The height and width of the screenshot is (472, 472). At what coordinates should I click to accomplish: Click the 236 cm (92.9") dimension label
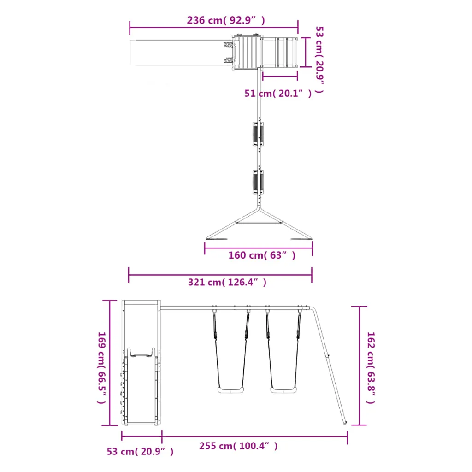pyautogui.click(x=226, y=20)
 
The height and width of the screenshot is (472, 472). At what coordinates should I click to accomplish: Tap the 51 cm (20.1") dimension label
pyautogui.click(x=278, y=93)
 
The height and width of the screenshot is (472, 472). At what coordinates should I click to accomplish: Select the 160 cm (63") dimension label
pyautogui.click(x=262, y=255)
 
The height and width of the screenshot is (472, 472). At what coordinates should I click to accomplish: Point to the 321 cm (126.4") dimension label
pyautogui.click(x=227, y=283)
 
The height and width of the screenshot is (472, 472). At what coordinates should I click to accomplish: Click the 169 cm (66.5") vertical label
pyautogui.click(x=102, y=367)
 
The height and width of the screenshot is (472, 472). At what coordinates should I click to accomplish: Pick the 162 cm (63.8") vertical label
pyautogui.click(x=371, y=367)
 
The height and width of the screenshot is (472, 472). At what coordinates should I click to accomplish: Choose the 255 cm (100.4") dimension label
pyautogui.click(x=238, y=446)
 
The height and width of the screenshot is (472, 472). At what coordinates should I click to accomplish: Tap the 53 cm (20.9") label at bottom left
pyautogui.click(x=140, y=452)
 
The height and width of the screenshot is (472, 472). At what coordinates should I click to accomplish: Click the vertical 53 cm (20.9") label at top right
pyautogui.click(x=319, y=59)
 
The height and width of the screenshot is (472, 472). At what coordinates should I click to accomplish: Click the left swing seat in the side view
pyautogui.click(x=230, y=390)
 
